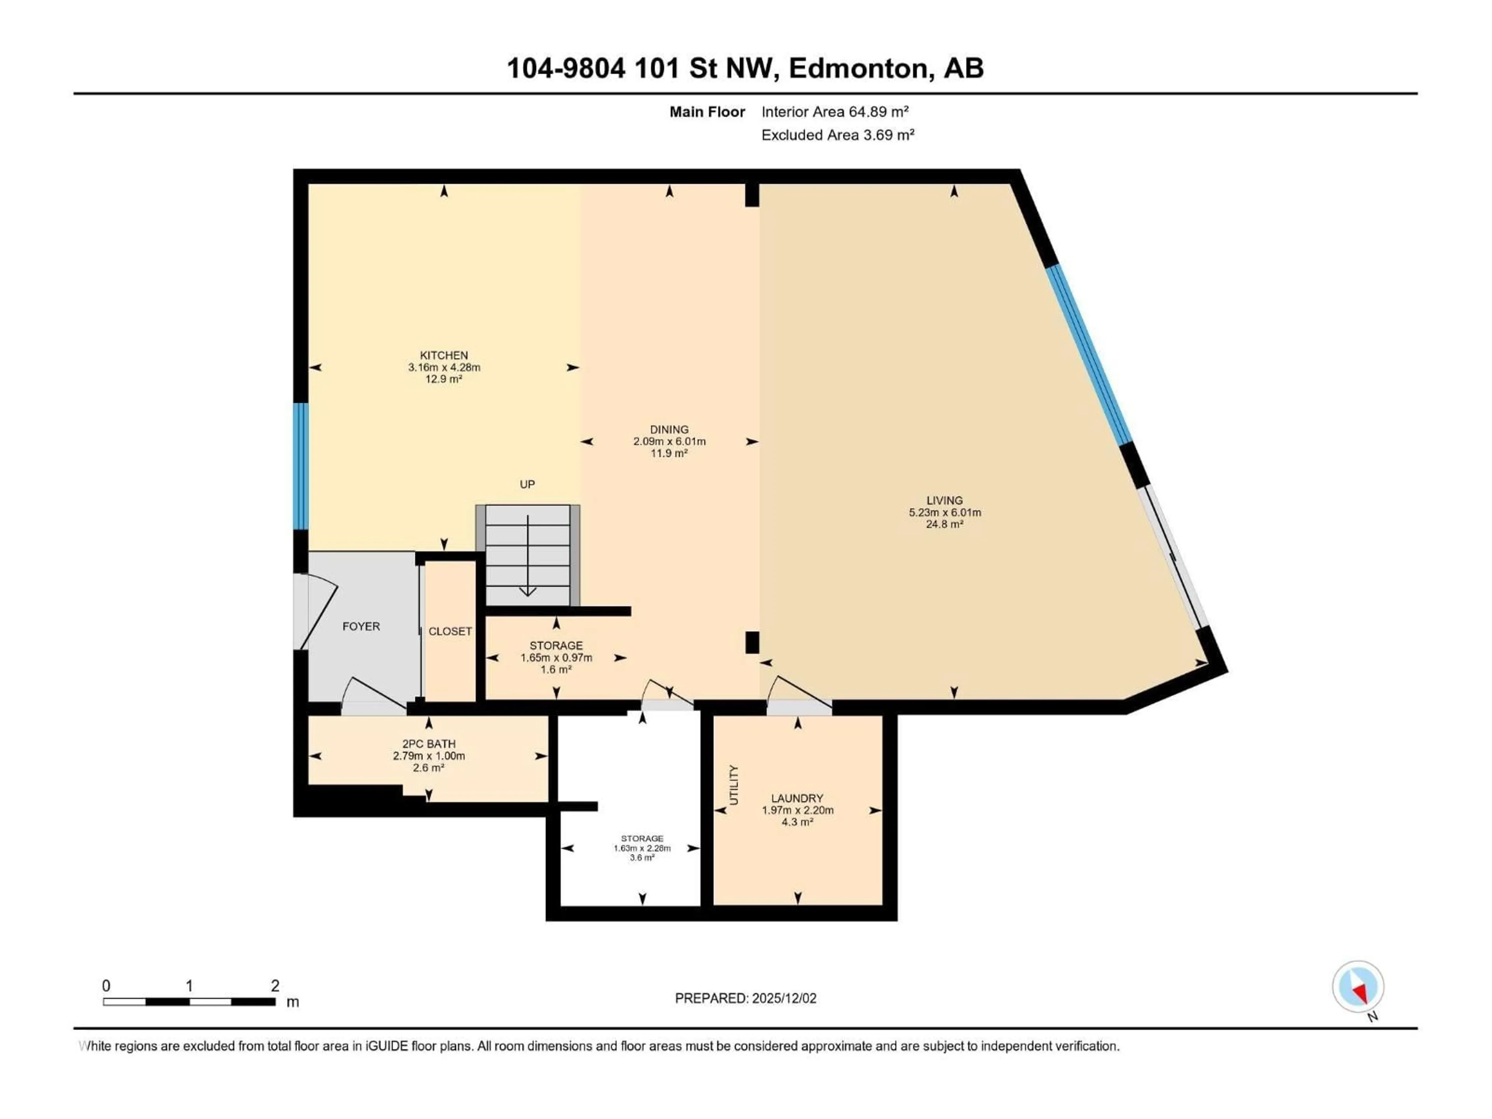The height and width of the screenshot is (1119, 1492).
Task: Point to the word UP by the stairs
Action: [528, 484]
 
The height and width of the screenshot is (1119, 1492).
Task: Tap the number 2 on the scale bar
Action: [275, 985]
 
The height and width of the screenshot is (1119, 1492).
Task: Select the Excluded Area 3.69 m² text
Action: [838, 135]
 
